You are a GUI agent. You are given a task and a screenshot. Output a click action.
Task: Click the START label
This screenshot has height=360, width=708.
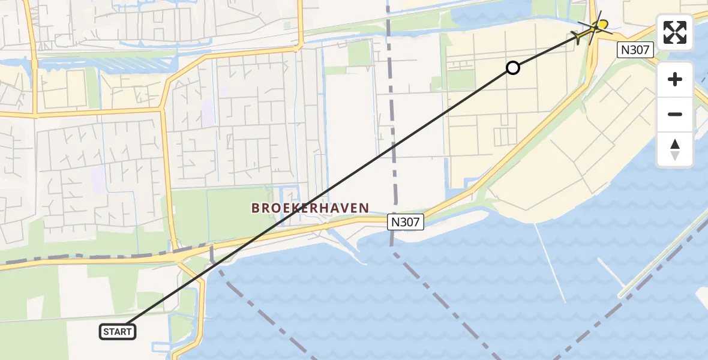click(x=118, y=332)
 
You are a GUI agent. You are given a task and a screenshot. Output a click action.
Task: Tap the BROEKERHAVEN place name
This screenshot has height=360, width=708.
click(x=310, y=208)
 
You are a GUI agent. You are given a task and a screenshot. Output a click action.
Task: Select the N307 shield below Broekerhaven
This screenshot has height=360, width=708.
click(x=406, y=222)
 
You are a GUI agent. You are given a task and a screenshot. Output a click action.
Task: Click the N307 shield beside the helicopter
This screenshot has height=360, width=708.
click(x=635, y=50)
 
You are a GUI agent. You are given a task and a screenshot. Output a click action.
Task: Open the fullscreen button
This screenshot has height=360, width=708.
click(x=675, y=32)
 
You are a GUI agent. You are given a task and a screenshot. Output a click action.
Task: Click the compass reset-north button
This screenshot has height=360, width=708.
click(x=675, y=149)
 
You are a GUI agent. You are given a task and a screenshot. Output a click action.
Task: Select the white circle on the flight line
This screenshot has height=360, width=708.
click(x=512, y=68)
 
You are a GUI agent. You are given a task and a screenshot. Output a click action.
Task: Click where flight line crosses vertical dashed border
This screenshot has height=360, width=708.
click(x=394, y=143)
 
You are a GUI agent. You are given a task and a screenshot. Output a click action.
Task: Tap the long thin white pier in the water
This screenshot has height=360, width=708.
click(x=550, y=264)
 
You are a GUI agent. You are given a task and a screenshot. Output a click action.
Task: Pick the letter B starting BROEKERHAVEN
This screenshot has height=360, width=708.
click(x=256, y=208)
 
